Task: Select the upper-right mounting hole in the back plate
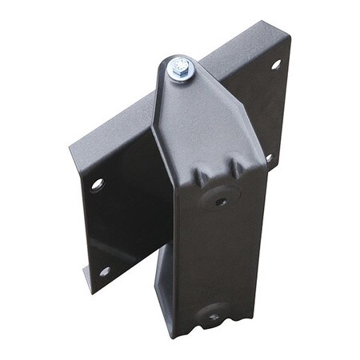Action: tap(276, 63)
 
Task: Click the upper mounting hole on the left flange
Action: tap(97, 184)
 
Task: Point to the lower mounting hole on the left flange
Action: tap(104, 271)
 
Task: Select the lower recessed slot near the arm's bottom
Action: tap(214, 317)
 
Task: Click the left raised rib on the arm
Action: tap(202, 171)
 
